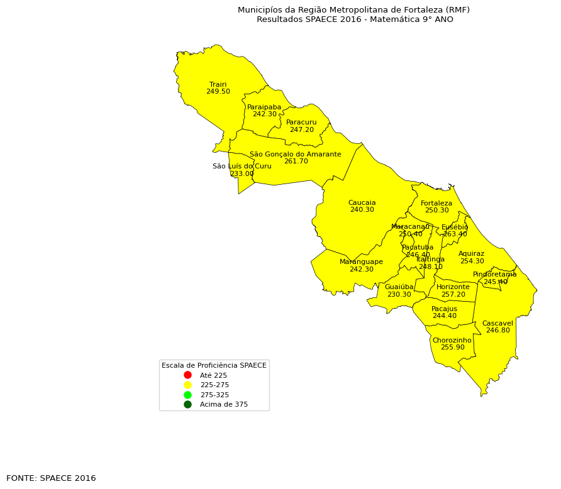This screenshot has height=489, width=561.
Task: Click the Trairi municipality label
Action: [218, 84]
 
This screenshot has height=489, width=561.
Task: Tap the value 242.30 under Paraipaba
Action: [264, 114]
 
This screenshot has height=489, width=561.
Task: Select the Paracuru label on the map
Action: [301, 123]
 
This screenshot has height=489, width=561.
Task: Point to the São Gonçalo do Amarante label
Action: [295, 154]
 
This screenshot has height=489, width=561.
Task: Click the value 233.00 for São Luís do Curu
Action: [242, 174]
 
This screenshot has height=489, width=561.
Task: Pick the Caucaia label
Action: [362, 202]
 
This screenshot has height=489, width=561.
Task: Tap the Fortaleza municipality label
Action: [436, 203]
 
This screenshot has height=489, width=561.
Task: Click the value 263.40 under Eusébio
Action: [455, 234]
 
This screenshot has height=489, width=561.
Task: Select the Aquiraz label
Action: [471, 254]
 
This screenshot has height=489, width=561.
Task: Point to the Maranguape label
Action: [361, 261]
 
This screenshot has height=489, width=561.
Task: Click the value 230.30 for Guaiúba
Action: [399, 295]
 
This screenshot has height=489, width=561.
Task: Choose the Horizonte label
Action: [453, 287]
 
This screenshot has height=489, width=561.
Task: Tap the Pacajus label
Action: [444, 309]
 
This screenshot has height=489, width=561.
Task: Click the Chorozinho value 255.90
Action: [452, 348]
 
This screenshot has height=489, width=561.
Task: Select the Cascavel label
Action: [497, 323]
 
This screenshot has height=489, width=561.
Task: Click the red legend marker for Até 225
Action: [187, 375]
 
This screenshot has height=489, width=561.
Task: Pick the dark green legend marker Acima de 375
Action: [187, 404]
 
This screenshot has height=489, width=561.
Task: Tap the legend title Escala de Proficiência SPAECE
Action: [214, 365]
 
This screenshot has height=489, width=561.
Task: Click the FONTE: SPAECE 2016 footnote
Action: [51, 478]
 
